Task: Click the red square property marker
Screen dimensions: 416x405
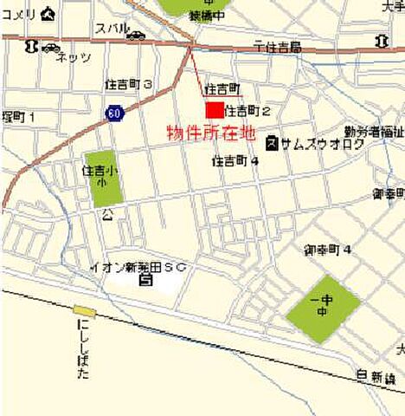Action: pyautogui.click(x=213, y=110)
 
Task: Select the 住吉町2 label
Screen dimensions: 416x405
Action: pyautogui.click(x=248, y=111)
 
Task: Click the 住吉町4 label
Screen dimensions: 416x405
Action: pyautogui.click(x=235, y=160)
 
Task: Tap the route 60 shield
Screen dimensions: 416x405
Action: pyautogui.click(x=114, y=114)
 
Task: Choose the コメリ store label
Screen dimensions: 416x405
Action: pyautogui.click(x=19, y=14)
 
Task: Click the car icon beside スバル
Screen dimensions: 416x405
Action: pyautogui.click(x=136, y=36)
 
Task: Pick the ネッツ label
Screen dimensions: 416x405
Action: pyautogui.click(x=73, y=57)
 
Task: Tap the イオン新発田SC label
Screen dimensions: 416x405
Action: pyautogui.click(x=139, y=266)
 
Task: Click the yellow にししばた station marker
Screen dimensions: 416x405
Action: pyautogui.click(x=84, y=310)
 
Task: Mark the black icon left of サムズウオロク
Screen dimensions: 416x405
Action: pyautogui.click(x=272, y=141)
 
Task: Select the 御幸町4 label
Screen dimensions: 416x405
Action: pyautogui.click(x=327, y=250)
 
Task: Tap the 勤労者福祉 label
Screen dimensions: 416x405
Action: pyautogui.click(x=373, y=132)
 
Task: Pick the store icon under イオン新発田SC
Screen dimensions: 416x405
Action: pyautogui.click(x=145, y=279)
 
